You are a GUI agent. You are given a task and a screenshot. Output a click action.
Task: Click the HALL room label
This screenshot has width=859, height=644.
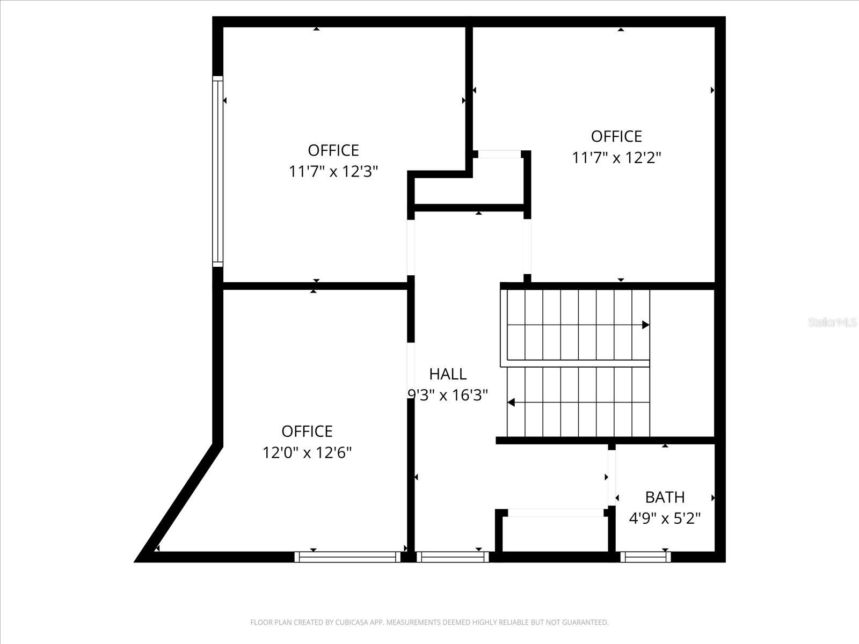447,374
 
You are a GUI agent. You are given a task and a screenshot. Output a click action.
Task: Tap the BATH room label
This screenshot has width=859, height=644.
665,497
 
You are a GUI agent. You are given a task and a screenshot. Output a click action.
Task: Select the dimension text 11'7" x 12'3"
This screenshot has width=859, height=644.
333,172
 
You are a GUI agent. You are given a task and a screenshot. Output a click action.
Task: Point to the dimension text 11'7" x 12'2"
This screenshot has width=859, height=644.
616,158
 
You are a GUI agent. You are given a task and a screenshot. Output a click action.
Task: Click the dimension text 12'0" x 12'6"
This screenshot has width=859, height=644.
307,453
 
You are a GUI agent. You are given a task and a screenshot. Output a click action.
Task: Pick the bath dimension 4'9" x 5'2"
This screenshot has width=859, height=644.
665,518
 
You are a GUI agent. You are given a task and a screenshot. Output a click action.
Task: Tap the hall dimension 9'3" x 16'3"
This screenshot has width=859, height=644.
447,396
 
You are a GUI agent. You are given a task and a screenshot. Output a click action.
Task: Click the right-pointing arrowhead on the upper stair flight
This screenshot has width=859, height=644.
646,325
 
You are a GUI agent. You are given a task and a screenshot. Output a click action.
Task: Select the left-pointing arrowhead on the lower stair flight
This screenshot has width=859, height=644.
511,402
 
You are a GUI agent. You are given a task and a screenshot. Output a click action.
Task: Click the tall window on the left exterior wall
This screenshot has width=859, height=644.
217,171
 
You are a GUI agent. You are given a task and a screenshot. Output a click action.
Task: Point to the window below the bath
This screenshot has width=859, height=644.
645,558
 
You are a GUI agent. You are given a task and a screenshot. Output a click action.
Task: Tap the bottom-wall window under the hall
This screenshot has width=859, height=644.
452,558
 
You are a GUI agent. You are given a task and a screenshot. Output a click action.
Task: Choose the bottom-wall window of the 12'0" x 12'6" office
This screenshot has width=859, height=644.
347,558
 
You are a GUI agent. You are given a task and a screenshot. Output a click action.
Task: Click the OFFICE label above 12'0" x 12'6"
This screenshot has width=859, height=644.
307,431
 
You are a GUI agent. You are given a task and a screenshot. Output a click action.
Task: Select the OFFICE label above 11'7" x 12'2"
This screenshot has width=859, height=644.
616,136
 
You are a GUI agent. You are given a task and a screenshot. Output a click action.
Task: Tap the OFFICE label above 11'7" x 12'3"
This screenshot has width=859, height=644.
333,150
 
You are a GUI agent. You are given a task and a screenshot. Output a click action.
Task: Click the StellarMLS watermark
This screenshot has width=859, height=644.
832,323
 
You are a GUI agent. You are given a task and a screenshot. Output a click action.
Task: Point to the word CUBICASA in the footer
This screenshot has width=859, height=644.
351,623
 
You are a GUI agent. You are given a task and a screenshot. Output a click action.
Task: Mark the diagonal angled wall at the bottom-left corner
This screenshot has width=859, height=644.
180,502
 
